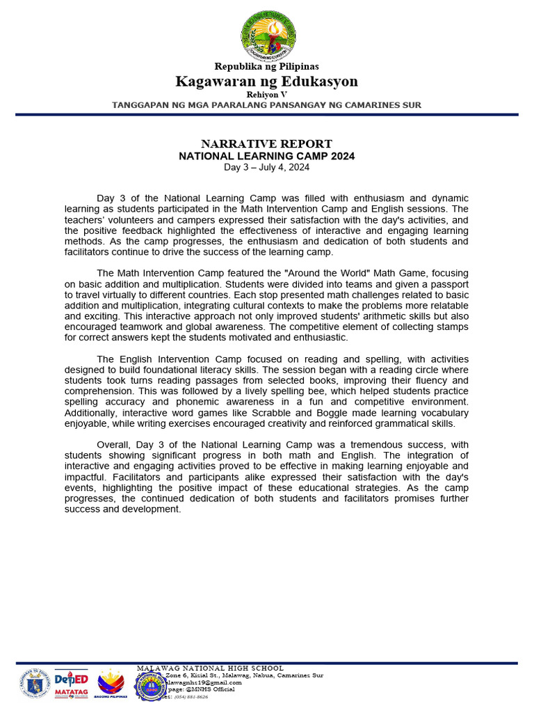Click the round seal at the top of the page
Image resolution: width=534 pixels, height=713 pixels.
pos(268,36)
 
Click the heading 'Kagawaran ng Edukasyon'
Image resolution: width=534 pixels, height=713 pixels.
pos(267,81)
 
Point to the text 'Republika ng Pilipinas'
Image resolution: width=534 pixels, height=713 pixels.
pos(267,67)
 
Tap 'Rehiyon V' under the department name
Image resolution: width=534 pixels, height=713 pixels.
pos(267,94)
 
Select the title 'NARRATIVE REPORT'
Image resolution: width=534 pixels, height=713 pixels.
pos(267,144)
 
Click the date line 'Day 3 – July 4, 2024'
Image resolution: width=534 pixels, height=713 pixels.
pos(267,167)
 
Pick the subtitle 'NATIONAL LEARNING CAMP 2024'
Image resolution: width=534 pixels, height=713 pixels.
pos(267,156)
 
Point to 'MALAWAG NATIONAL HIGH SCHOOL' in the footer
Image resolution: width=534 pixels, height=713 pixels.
pos(210,668)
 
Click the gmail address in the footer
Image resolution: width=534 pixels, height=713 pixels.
pos(209,682)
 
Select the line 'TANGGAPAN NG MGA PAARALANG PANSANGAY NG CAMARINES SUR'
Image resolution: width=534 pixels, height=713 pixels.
pos(267,105)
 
